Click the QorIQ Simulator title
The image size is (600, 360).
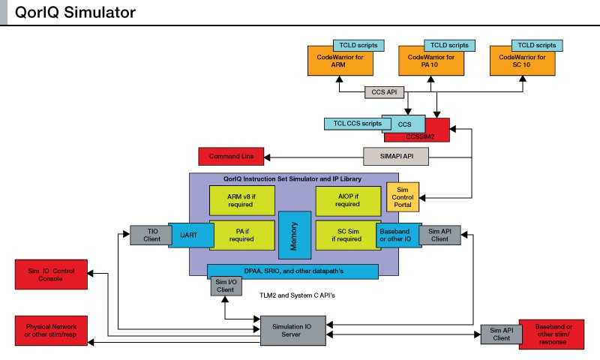pyautogui.click(x=75, y=13)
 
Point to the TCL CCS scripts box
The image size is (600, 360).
pyautogui.click(x=352, y=124)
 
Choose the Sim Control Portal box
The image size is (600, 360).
pyautogui.click(x=403, y=196)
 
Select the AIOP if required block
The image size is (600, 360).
pyautogui.click(x=348, y=201)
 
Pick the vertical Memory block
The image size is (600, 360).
pyautogui.click(x=294, y=235)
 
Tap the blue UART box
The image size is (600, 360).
pyautogui.click(x=188, y=235)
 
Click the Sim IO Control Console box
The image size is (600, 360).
pyautogui.click(x=52, y=274)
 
